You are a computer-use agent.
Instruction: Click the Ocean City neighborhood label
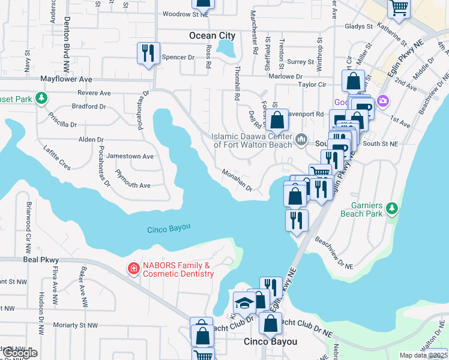[x=212, y=35]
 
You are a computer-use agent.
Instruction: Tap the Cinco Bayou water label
[x=169, y=228]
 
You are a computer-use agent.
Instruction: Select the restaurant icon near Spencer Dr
[x=148, y=53]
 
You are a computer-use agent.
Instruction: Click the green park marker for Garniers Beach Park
[x=392, y=208]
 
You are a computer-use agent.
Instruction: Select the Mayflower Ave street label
[x=66, y=79]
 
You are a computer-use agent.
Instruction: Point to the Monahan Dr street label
[x=237, y=180]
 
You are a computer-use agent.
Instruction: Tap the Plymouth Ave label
[x=133, y=185]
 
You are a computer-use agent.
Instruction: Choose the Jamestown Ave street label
[x=130, y=156]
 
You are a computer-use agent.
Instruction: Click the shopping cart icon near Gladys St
[x=398, y=8]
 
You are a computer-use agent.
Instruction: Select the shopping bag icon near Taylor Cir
[x=354, y=80]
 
